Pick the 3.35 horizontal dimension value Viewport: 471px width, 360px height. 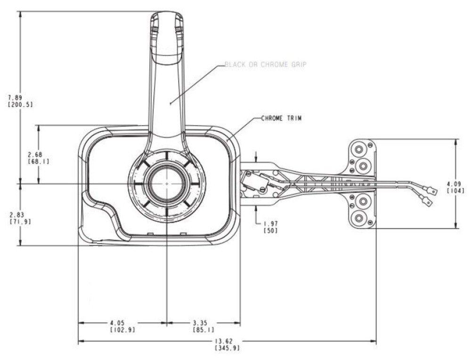(x=201, y=323)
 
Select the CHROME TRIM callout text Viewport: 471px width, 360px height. (x=281, y=119)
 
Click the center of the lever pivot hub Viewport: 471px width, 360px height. (x=166, y=184)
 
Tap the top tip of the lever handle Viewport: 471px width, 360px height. (x=166, y=13)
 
